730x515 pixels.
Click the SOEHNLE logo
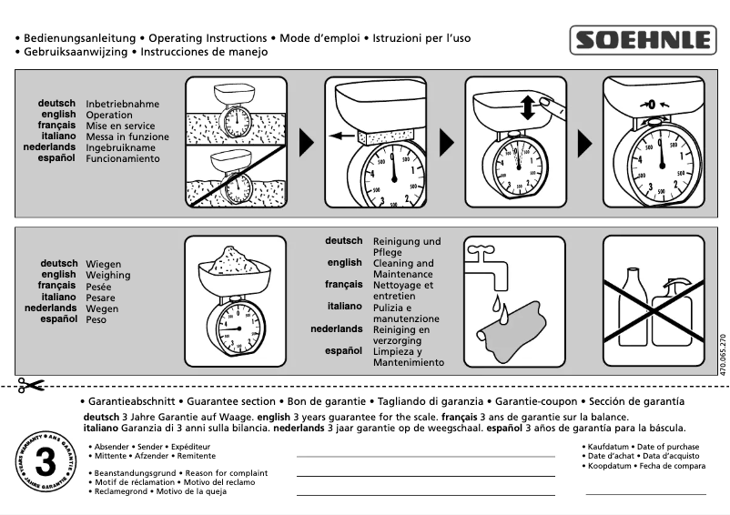(643, 41)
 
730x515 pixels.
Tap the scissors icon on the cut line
(30, 385)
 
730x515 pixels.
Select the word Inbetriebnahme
(123, 105)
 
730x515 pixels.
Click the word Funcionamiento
(123, 158)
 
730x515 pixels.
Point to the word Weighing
(108, 275)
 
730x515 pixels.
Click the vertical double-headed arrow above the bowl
(527, 107)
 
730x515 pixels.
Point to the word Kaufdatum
(609, 447)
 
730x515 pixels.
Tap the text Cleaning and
(403, 263)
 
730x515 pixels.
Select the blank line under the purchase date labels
(645, 493)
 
